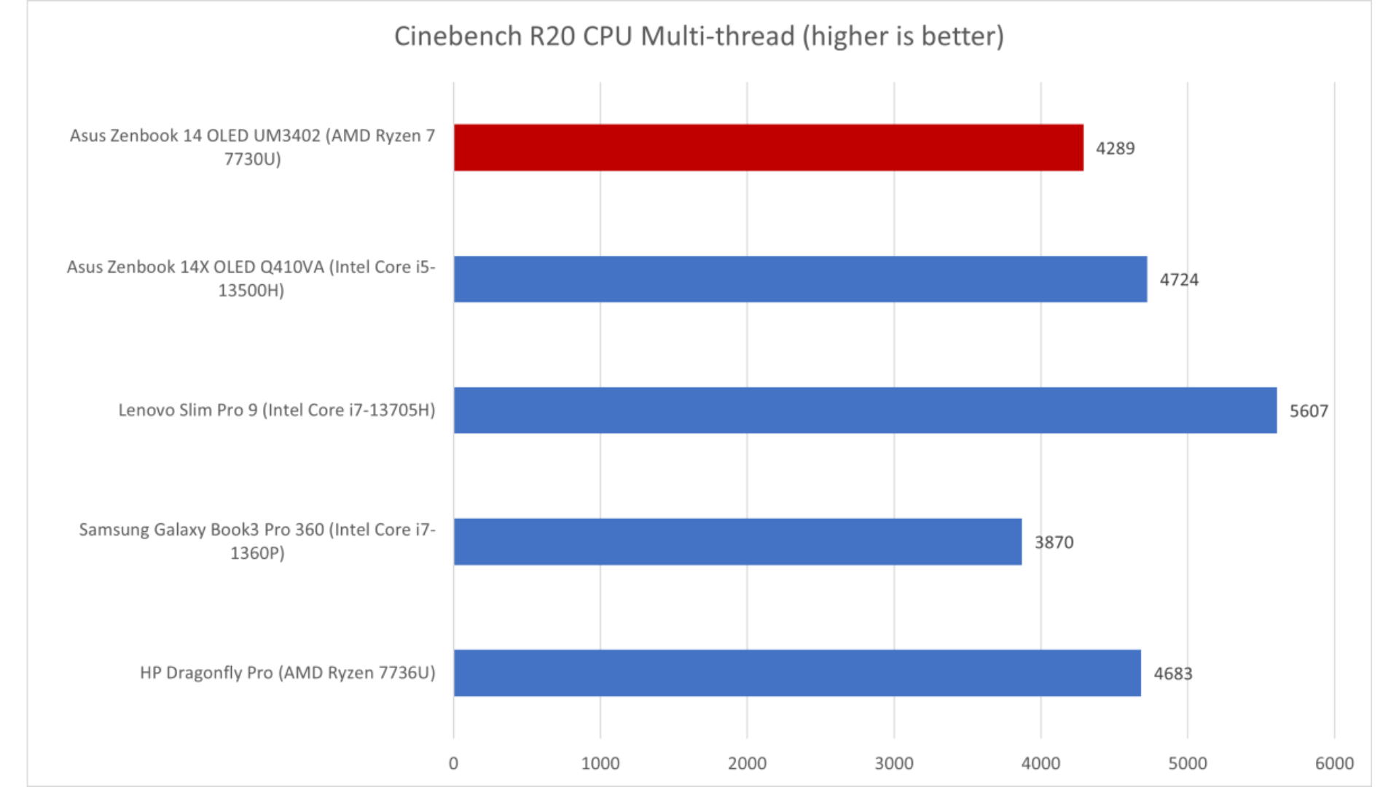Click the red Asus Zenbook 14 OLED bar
click(x=768, y=147)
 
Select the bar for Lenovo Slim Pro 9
click(x=865, y=410)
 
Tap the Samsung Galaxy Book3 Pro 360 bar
click(x=737, y=541)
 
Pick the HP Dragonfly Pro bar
click(x=797, y=673)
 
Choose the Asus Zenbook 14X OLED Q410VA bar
click(x=800, y=279)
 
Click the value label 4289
click(x=1115, y=149)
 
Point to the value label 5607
click(x=1309, y=411)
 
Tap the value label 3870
click(x=1054, y=542)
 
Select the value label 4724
click(x=1179, y=280)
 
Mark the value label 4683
click(x=1172, y=673)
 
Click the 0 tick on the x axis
click(x=453, y=763)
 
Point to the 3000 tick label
click(x=893, y=763)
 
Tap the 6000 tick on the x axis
click(x=1334, y=763)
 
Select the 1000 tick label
click(x=600, y=763)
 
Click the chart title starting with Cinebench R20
click(x=699, y=36)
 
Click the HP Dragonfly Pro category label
click(x=287, y=673)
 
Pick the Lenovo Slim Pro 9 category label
click(x=277, y=410)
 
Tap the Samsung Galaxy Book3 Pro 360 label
click(x=257, y=541)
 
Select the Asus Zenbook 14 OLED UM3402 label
click(x=252, y=147)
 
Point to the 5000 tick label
click(x=1188, y=763)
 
